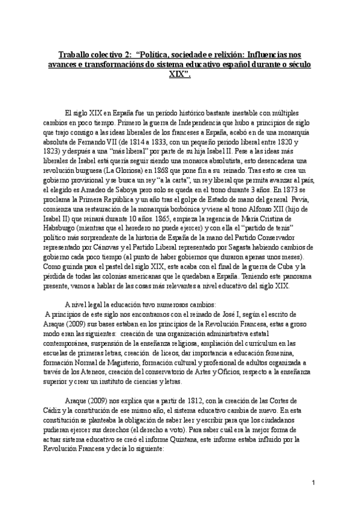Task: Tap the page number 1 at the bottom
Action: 313,483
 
